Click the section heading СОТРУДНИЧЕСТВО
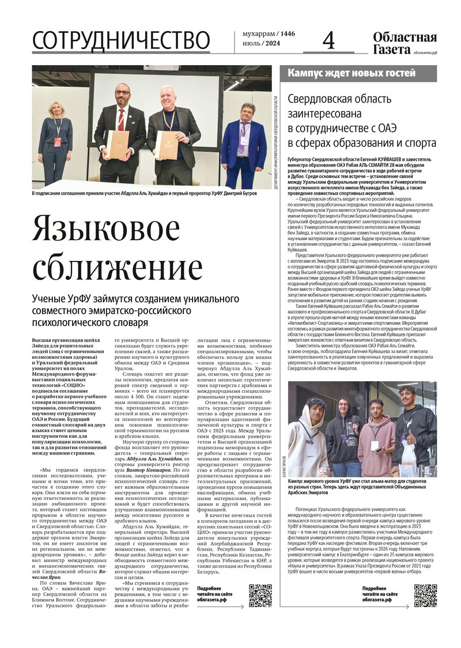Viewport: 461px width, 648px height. coord(121,41)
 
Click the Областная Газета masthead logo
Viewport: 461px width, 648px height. coord(404,43)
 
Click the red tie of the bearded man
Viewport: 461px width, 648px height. coord(121,119)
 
